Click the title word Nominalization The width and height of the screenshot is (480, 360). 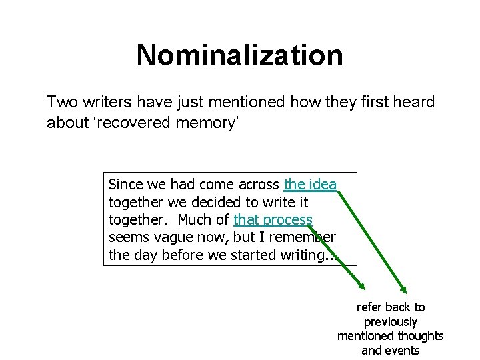[239, 55]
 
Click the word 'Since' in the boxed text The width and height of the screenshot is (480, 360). [123, 185]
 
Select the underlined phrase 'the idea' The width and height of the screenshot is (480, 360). [310, 185]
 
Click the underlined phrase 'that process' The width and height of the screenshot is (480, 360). [273, 220]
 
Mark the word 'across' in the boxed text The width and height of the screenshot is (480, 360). [257, 185]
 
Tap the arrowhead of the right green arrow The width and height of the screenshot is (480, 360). [404, 289]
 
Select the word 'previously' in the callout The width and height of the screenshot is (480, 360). [391, 321]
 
